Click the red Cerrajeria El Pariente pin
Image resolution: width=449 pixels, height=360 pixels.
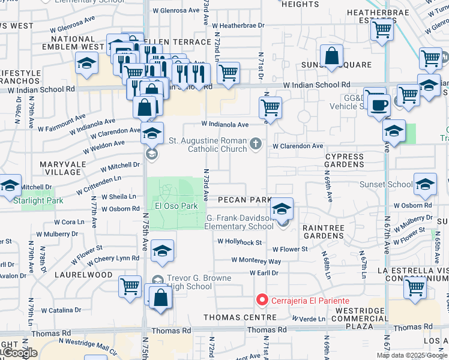click(x=262, y=299)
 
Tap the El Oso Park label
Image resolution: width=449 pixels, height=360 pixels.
click(x=176, y=206)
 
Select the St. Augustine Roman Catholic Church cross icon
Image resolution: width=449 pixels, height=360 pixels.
click(x=256, y=143)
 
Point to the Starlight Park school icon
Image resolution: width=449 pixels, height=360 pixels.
click(x=10, y=185)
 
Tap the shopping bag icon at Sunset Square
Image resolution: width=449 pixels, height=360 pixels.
click(x=331, y=56)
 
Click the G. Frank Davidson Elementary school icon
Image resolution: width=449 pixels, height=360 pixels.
click(x=282, y=209)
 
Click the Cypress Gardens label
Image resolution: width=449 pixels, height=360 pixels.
click(x=344, y=160)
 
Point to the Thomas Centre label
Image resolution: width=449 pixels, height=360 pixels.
click(x=231, y=317)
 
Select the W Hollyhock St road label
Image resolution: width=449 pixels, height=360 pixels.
click(x=240, y=242)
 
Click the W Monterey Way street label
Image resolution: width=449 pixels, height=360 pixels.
click(x=256, y=261)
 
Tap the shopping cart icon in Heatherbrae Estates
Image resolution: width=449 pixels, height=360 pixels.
click(x=382, y=29)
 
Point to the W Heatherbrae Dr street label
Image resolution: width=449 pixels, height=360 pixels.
click(x=242, y=26)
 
